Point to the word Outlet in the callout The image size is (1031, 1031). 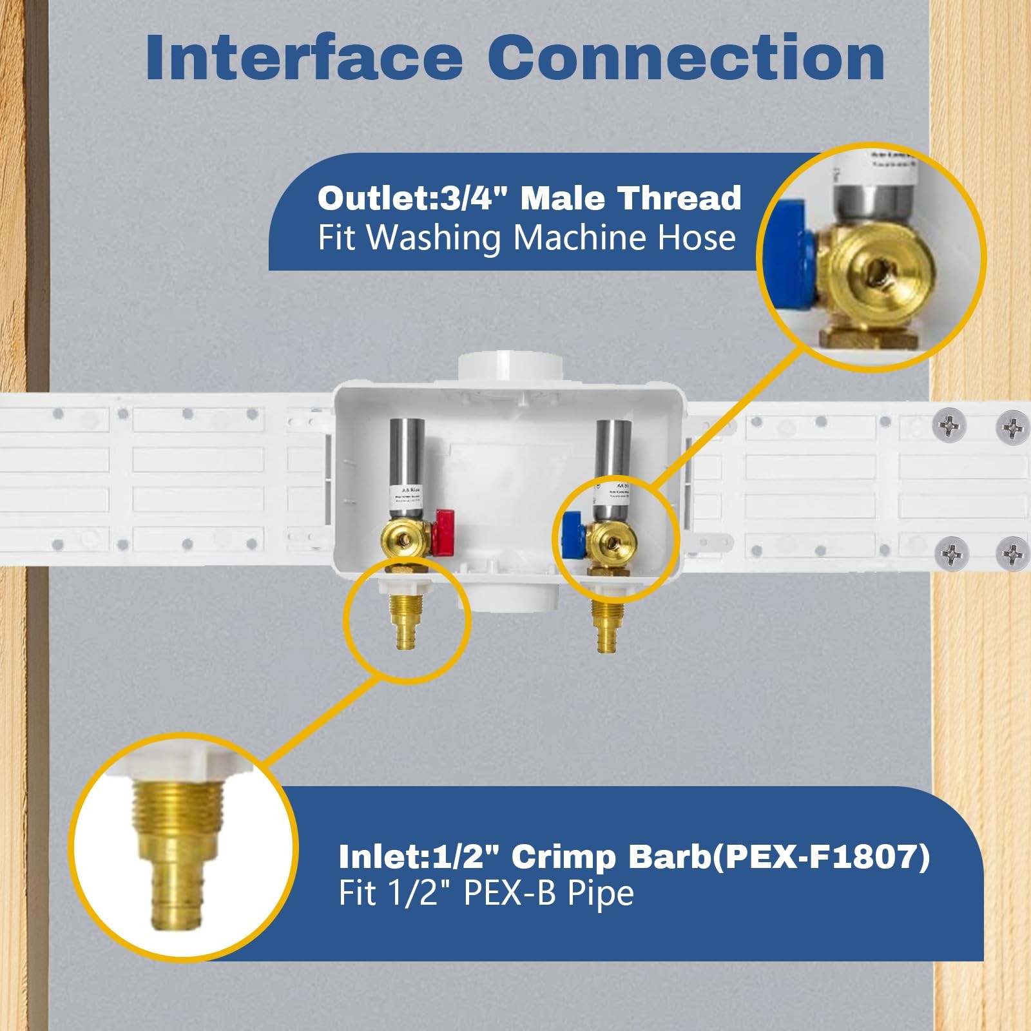coord(373,198)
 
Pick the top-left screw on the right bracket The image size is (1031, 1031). coord(949,424)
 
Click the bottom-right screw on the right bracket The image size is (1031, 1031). coord(1012,553)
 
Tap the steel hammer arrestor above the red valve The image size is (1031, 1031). coord(405,451)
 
